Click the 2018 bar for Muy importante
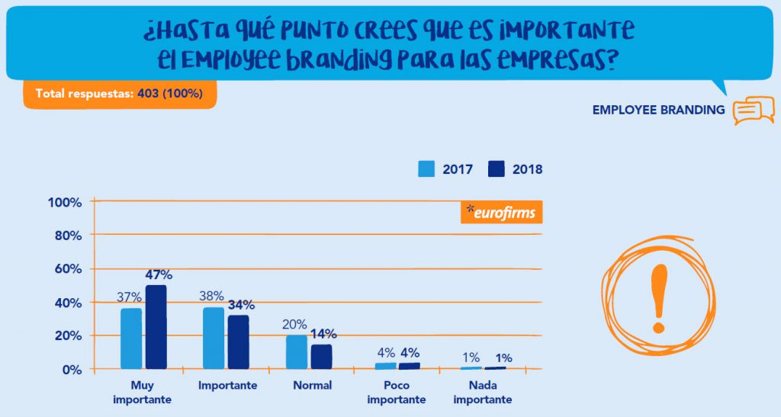coord(156,328)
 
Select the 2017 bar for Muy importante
coord(131,338)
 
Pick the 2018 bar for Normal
coord(321,357)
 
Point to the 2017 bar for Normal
coord(297,351)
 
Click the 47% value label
coord(159,275)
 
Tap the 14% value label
coord(323,334)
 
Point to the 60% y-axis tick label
coord(67,269)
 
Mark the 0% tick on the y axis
coord(72,370)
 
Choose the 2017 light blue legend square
coord(426,169)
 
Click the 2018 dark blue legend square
coord(497,169)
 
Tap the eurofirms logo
coord(501,213)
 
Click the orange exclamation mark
coord(657,297)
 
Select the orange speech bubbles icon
coord(753,111)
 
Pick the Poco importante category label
coord(397,392)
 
